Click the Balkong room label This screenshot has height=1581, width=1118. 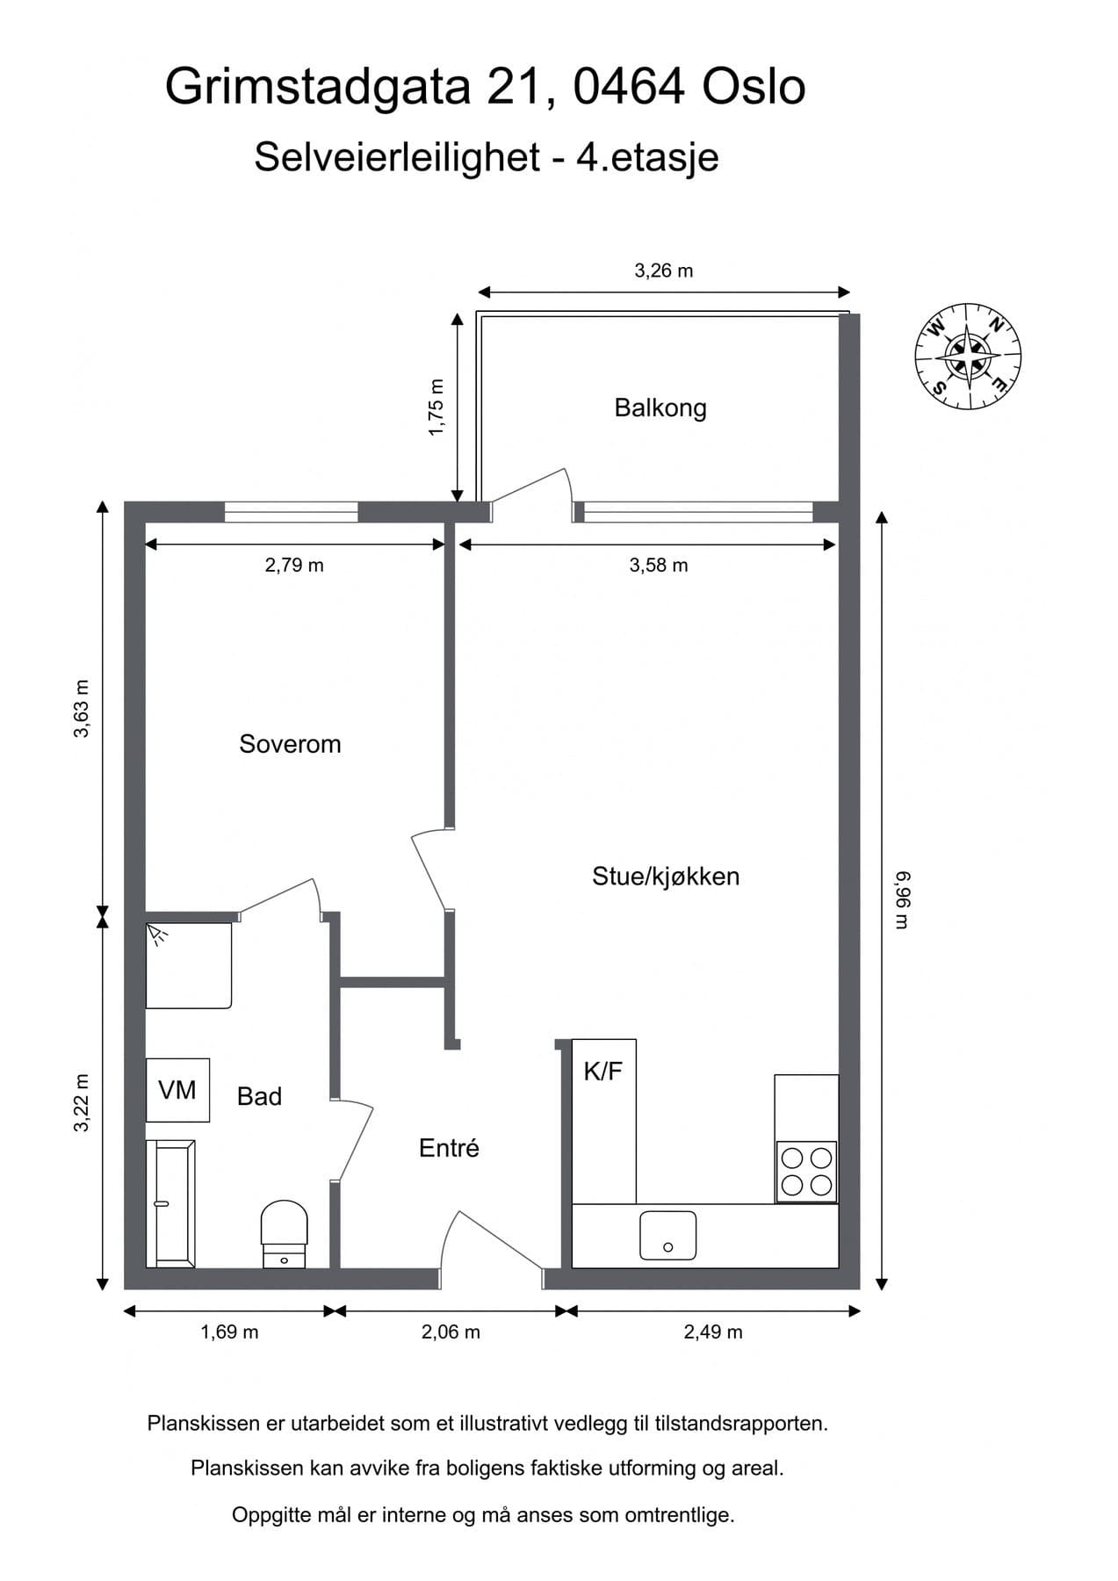pos(660,408)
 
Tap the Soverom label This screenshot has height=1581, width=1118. pos(290,744)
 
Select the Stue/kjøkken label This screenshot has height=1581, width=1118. pos(666,876)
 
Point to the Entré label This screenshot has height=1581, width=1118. pos(449,1148)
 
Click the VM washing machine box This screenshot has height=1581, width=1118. pos(177,1090)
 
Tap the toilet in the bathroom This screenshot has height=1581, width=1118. pos(285,1234)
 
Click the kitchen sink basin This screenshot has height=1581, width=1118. pos(667,1235)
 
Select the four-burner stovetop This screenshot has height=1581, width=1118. pos(806,1172)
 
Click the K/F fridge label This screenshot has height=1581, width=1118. pos(602,1071)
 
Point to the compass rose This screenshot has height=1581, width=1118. pos(968,356)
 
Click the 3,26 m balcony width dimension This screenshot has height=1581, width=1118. pos(664,271)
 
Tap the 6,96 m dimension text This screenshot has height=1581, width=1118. pos(903,899)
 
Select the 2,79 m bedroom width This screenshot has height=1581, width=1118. pos(294,566)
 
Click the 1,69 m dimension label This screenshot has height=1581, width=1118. pos(229,1332)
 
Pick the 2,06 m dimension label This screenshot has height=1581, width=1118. pos(451,1332)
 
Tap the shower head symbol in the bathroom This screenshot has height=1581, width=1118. pos(158,934)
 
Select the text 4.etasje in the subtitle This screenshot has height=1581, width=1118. pos(647,157)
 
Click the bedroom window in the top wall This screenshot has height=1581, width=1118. pos(292,512)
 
